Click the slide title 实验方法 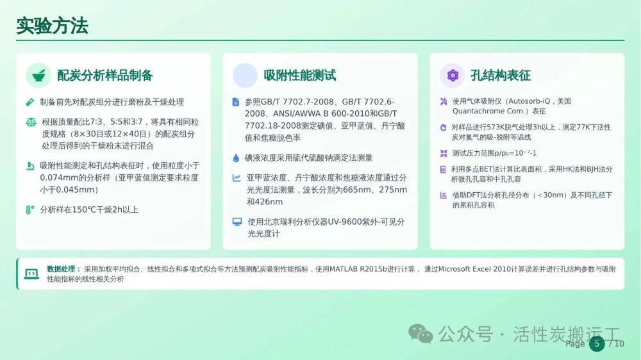pyautogui.click(x=52, y=26)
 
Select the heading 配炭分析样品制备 pyautogui.click(x=105, y=75)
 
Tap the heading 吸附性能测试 pyautogui.click(x=299, y=75)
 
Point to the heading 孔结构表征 pyautogui.click(x=501, y=75)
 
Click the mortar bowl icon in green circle pyautogui.click(x=38, y=76)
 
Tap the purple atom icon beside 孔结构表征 pyautogui.click(x=453, y=75)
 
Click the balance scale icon pyautogui.click(x=31, y=122)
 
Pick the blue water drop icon pyautogui.click(x=236, y=158)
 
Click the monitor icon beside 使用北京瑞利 pyautogui.click(x=237, y=222)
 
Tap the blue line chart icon pyautogui.click(x=237, y=177)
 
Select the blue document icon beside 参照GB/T pyautogui.click(x=235, y=102)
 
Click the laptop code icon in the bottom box pyautogui.click(x=31, y=274)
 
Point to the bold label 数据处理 pyautogui.click(x=61, y=269)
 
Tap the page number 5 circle pyautogui.click(x=597, y=343)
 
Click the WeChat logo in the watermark pyautogui.click(x=420, y=334)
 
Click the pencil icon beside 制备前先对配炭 pyautogui.click(x=30, y=102)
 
